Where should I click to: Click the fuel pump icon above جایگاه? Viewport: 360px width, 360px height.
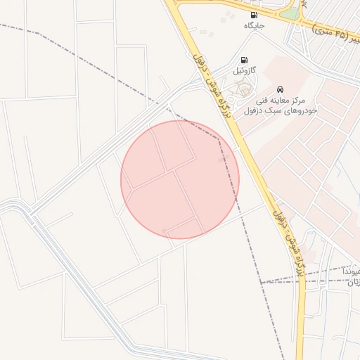coord(253,15)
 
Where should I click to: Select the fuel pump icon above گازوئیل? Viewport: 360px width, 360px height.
coord(244,60)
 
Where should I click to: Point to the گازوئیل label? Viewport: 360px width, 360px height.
coord(244,72)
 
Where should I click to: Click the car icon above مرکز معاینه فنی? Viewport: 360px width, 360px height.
coord(281,89)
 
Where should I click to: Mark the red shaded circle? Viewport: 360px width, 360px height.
coord(180,179)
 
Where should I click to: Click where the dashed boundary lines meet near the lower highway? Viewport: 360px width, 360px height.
coord(261,283)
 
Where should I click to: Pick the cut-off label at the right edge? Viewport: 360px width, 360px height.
coord(354,276)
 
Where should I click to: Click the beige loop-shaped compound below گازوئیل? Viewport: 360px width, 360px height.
coord(243,89)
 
